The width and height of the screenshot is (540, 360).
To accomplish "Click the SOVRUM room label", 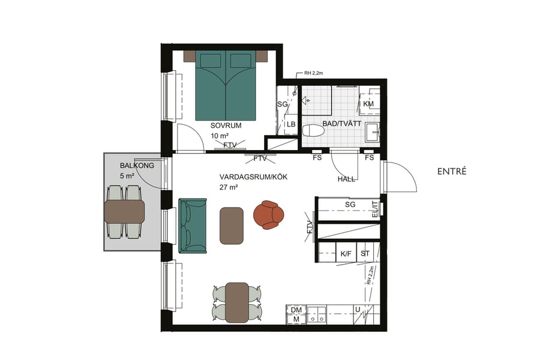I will [x=226, y=126].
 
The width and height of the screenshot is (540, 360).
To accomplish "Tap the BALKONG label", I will [x=137, y=165].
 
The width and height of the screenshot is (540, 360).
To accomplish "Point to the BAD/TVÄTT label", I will [x=341, y=124].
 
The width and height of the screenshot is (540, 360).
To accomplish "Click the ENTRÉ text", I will [x=452, y=172].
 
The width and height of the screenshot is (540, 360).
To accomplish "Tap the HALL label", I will [x=346, y=179].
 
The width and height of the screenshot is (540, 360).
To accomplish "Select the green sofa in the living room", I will [x=191, y=225].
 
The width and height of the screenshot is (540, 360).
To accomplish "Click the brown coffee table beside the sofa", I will [x=232, y=225].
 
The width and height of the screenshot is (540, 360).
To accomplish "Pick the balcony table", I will [x=124, y=211].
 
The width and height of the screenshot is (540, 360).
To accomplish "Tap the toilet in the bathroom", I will [x=314, y=132].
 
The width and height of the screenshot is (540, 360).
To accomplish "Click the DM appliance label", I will [x=296, y=310].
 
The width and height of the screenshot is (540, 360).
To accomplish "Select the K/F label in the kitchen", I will [x=346, y=254].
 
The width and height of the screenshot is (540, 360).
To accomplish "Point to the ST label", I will [x=365, y=254].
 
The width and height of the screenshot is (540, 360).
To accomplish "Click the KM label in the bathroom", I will [x=368, y=104].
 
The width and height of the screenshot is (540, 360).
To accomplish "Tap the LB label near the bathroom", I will [x=291, y=124].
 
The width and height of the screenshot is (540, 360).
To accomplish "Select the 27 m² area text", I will [x=229, y=187].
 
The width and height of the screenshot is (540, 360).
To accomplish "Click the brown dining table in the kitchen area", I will [x=237, y=302].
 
